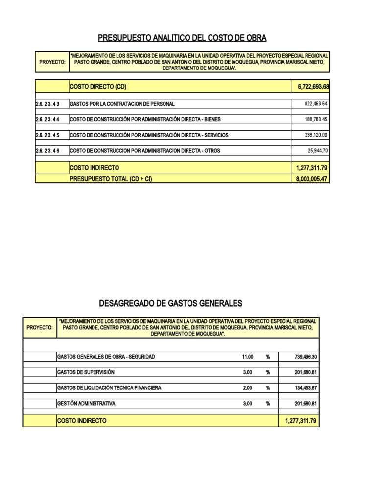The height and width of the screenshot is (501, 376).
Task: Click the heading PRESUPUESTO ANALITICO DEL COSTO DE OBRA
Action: pyautogui.click(x=183, y=38)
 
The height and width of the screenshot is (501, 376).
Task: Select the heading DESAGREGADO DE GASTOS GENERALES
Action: pyautogui.click(x=170, y=303)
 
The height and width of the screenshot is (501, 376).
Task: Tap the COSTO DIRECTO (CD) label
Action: pyautogui.click(x=98, y=87)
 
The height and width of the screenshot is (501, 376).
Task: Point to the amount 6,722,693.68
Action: pyautogui.click(x=312, y=87)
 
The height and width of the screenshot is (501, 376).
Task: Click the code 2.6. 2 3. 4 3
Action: pyautogui.click(x=47, y=104)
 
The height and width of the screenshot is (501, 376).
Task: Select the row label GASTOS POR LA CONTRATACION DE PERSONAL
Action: pyautogui.click(x=122, y=104)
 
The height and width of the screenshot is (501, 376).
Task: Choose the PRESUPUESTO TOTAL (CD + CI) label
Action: pyautogui.click(x=111, y=179)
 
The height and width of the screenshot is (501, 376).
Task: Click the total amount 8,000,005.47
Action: pyautogui.click(x=312, y=179)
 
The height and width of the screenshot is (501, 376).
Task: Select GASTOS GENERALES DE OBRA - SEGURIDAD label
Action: pyautogui.click(x=106, y=357)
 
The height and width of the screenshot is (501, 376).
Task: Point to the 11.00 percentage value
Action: pyautogui.click(x=247, y=357)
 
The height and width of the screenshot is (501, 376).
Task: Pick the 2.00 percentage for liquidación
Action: pyautogui.click(x=247, y=388)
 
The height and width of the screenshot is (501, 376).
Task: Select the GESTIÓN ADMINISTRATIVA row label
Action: pyautogui.click(x=86, y=404)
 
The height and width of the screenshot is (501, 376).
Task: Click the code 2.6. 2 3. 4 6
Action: pyautogui.click(x=47, y=151)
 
